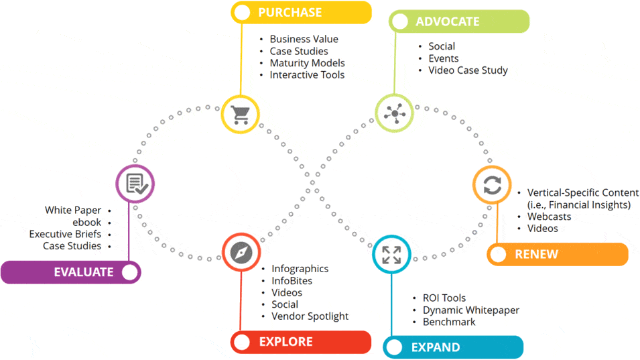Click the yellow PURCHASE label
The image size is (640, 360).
(301, 13)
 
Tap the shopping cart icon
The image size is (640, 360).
(240, 115)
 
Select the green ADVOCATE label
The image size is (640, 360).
(459, 21)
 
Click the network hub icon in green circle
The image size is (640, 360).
(395, 113)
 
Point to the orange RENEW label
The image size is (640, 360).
(558, 254)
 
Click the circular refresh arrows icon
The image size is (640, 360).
(493, 185)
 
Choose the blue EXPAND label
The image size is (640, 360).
(453, 347)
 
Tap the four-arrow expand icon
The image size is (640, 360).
(391, 255)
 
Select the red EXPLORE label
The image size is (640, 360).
(301, 342)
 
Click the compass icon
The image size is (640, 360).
(241, 252)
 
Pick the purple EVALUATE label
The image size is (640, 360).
(71, 272)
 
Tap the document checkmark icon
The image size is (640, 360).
(136, 184)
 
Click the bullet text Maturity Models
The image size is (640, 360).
(308, 63)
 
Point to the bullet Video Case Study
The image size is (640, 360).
(468, 70)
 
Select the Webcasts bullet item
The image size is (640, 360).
(549, 217)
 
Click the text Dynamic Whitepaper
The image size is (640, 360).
(471, 310)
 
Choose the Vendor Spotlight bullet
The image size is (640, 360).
(310, 316)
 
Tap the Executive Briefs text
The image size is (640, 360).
(65, 234)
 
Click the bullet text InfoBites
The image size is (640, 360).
(292, 281)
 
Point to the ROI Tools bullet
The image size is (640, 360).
(444, 298)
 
